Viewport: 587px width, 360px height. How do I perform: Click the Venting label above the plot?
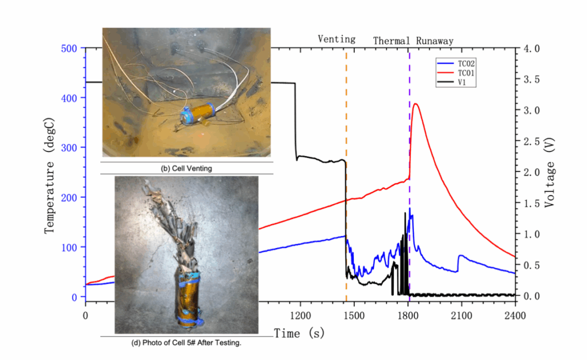point(336,40)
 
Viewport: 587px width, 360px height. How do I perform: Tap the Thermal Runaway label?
point(413,41)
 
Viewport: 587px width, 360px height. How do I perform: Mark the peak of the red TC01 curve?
point(416,104)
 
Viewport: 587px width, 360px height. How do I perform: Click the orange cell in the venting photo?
point(197,111)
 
